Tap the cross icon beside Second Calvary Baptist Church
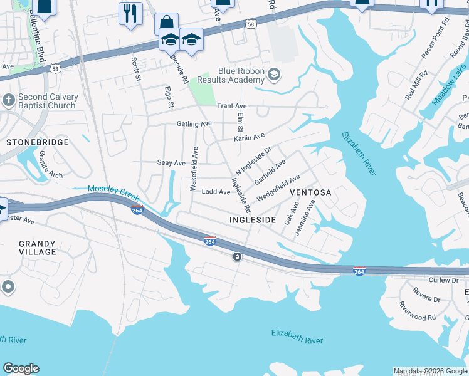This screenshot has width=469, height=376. [x=8, y=100]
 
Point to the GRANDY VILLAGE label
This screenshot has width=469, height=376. [x=38, y=248]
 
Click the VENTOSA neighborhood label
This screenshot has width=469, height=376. [x=310, y=192]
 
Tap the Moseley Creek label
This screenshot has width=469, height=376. [x=113, y=192]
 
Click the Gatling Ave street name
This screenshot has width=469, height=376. [x=194, y=124]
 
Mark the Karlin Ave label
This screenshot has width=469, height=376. [x=249, y=137]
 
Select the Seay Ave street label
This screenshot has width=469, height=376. [x=171, y=163]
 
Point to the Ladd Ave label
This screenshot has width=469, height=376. [x=215, y=192]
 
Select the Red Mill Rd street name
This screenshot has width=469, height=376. [x=416, y=85]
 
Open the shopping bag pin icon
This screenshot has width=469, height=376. [x=166, y=23]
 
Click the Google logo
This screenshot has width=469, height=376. [x=21, y=368]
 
